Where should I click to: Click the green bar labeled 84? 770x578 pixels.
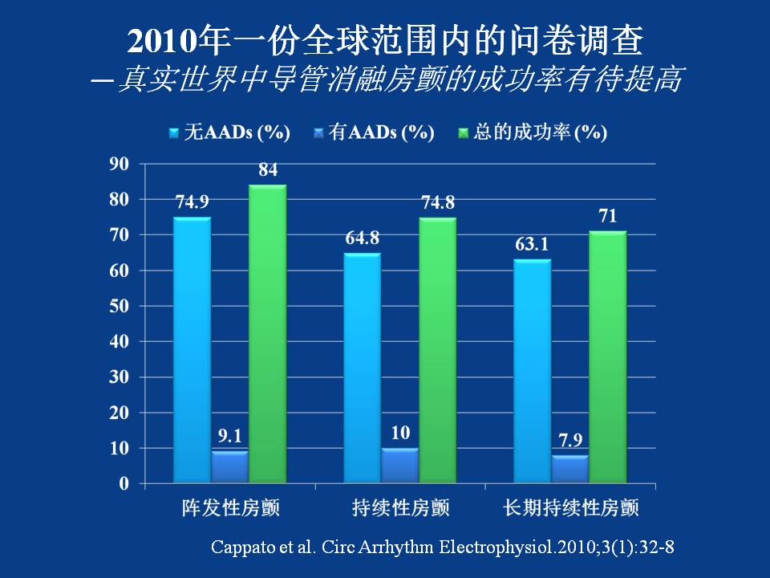point(267,334)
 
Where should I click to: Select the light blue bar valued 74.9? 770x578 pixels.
point(192,350)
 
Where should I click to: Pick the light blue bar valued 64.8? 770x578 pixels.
point(363,368)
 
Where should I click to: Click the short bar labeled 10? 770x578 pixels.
point(400,466)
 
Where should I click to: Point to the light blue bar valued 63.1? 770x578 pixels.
point(533,371)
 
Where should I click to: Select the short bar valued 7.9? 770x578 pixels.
point(570,470)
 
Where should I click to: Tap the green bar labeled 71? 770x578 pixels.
point(607,357)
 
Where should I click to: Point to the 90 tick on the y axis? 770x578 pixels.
point(120,164)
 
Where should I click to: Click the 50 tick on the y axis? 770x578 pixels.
point(120,306)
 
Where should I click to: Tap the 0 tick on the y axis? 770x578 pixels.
point(124,483)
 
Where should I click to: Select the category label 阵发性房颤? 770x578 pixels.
point(229,508)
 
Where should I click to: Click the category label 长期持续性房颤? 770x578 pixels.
point(570,508)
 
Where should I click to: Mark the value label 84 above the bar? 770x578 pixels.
point(268,170)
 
